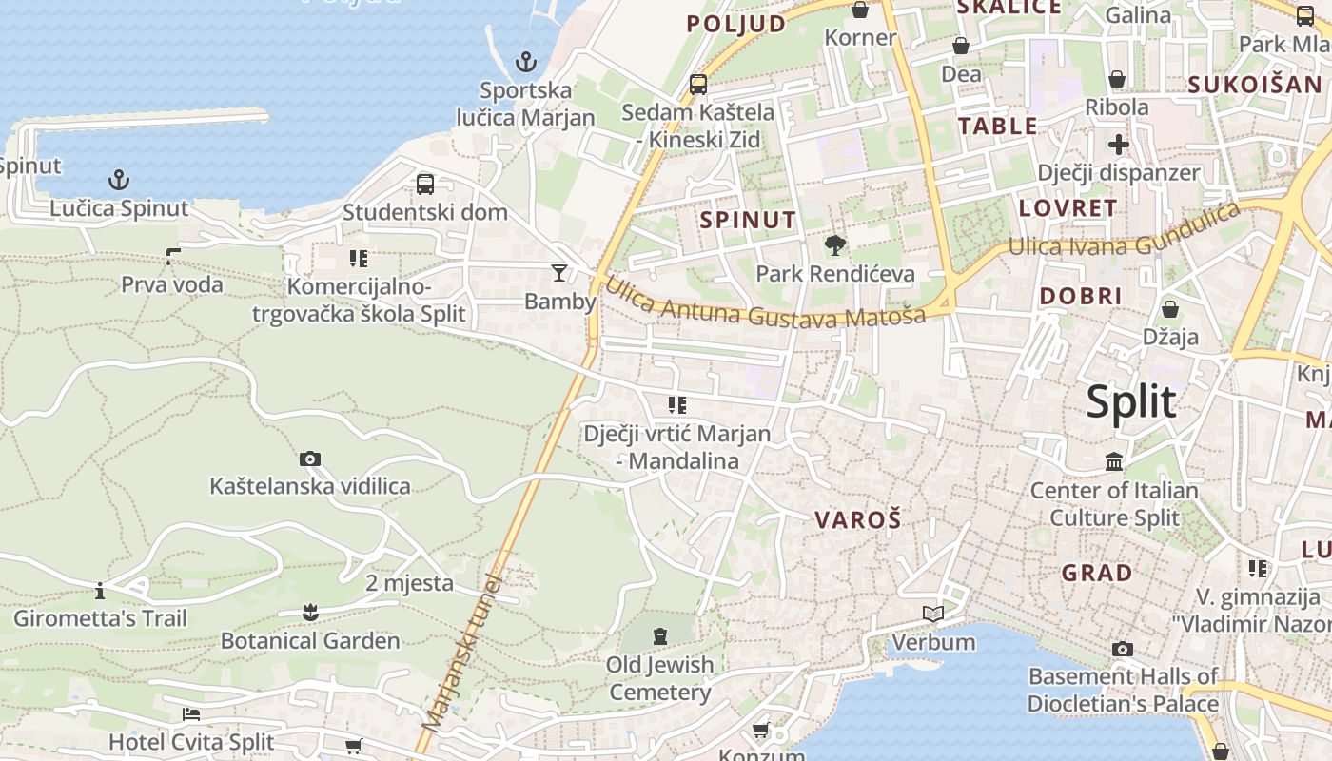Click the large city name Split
[1131, 402]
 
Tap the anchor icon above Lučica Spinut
[119, 179]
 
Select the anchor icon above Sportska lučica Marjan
[526, 62]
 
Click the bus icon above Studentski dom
[425, 184]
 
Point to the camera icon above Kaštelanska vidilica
[310, 459]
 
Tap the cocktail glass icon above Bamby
[559, 273]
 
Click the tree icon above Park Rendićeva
[835, 245]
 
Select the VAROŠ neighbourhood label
[858, 520]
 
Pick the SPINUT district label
[748, 220]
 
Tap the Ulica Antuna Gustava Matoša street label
[765, 304]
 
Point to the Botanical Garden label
[310, 640]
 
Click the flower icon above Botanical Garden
[310, 612]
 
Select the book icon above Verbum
[933, 614]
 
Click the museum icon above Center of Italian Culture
[1114, 462]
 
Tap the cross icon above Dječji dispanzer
[1119, 145]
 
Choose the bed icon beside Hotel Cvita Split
[191, 713]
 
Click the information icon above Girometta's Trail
[100, 591]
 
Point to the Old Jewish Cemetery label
[659, 678]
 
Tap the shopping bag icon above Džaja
[1170, 309]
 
